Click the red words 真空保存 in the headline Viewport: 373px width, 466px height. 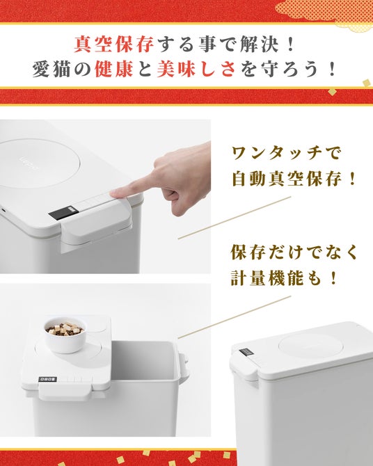pyautogui.click(x=114, y=44)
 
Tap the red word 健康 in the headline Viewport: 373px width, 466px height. pyautogui.click(x=114, y=69)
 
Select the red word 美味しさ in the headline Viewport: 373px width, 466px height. pyautogui.click(x=196, y=69)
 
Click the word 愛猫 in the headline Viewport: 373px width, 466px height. pyautogui.click(x=51, y=69)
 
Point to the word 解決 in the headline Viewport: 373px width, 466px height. pyautogui.click(x=260, y=44)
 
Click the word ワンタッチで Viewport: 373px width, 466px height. pyautogui.click(x=285, y=154)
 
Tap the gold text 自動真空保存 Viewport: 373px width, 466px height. pyautogui.click(x=286, y=179)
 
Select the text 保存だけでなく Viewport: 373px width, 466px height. pyautogui.click(x=294, y=252)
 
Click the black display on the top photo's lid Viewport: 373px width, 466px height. pyautogui.click(x=63, y=213)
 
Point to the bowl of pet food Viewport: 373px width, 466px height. pyautogui.click(x=65, y=335)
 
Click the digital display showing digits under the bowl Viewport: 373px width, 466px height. pyautogui.click(x=47, y=380)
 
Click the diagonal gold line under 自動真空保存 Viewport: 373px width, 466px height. pyautogui.click(x=234, y=217)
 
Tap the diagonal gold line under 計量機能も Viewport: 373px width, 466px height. pyautogui.click(x=234, y=316)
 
